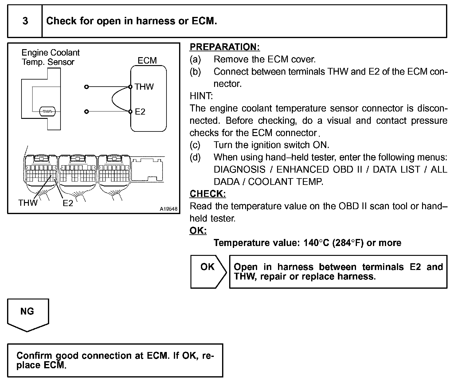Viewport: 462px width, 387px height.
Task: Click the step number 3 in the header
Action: pos(25,21)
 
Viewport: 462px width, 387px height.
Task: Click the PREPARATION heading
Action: pos(225,47)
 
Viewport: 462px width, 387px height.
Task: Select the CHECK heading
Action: pos(208,193)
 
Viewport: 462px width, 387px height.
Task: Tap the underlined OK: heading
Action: pos(198,230)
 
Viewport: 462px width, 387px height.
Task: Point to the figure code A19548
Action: pos(169,209)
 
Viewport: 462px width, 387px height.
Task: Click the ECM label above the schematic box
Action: pos(147,61)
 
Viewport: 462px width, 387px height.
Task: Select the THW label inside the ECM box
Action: pos(144,87)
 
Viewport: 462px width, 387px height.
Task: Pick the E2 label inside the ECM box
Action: pos(140,112)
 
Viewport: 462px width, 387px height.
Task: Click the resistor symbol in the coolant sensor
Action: pos(47,111)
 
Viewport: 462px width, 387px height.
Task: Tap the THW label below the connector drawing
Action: pos(28,203)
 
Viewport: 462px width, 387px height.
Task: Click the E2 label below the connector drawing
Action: pos(68,203)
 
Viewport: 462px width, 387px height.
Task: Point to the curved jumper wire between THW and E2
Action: pos(112,99)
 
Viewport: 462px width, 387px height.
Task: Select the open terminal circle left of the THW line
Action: pos(87,87)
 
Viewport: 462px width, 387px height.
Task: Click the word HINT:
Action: pos(201,96)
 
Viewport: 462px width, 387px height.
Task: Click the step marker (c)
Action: pos(195,145)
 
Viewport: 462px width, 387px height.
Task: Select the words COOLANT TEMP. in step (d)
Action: pos(285,182)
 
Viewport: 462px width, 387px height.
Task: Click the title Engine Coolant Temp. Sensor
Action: pos(50,57)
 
